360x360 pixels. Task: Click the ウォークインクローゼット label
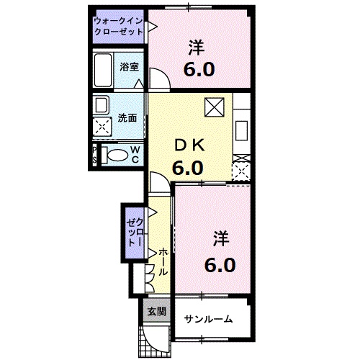[118, 27]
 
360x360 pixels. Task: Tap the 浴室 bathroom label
[130, 67]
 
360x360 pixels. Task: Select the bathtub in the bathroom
[103, 70]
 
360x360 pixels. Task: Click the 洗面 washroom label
[127, 118]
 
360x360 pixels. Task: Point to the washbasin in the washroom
[102, 105]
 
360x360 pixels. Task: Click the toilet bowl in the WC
[117, 156]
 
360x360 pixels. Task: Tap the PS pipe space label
[94, 155]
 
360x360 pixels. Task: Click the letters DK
[190, 145]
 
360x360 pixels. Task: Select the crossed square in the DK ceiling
[215, 107]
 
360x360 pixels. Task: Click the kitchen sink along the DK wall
[241, 131]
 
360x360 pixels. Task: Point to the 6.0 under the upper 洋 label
[199, 70]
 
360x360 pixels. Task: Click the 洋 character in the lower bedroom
[221, 238]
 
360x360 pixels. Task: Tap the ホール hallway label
[163, 261]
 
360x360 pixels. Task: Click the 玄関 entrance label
[157, 312]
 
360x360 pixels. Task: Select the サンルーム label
[208, 319]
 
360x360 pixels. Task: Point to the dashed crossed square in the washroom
[102, 127]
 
